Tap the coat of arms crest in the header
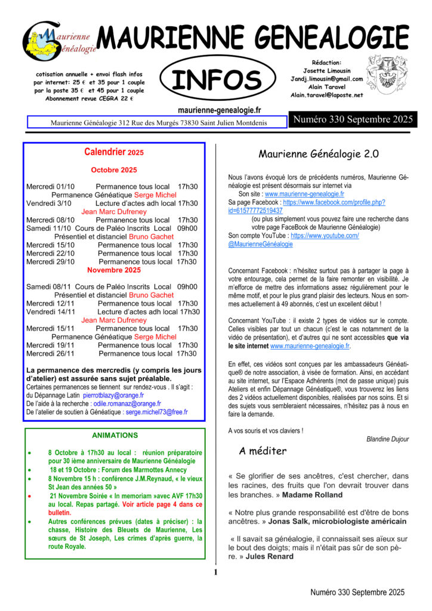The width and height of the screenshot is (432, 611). [x=387, y=75]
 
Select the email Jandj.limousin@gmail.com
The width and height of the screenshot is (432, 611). [x=326, y=79]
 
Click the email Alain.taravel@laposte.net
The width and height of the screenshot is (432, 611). [x=326, y=95]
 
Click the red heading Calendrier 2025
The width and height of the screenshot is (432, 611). [x=114, y=153]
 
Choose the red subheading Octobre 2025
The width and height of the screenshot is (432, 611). [x=113, y=170]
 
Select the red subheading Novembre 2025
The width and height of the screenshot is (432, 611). [x=113, y=270]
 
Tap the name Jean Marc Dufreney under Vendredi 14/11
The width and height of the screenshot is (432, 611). [x=113, y=320]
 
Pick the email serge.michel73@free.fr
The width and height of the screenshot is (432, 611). [x=156, y=412]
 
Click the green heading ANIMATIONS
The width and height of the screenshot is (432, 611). [x=115, y=436]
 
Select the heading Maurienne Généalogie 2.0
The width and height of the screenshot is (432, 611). [x=319, y=154]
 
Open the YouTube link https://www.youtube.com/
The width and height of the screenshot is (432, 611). [x=325, y=236]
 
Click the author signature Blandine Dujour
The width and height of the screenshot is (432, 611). [x=388, y=439]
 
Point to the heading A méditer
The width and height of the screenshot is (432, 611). [x=263, y=451]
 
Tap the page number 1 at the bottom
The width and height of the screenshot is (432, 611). [x=215, y=573]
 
